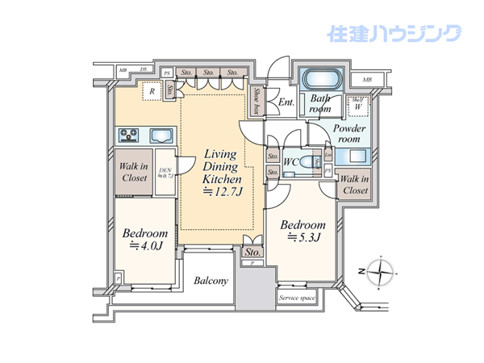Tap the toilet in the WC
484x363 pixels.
pyautogui.click(x=317, y=162)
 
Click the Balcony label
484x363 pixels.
pyautogui.click(x=211, y=281)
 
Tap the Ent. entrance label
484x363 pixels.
pyautogui.click(x=286, y=102)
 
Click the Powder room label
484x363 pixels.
pyautogui.click(x=349, y=133)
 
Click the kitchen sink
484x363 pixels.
pyautogui.click(x=159, y=135)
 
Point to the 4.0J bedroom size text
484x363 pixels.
pyautogui.click(x=144, y=246)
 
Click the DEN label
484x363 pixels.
pyautogui.click(x=166, y=173)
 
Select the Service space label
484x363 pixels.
pyautogui.click(x=298, y=298)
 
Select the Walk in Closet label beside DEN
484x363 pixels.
pyautogui.click(x=131, y=172)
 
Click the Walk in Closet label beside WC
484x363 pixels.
pyautogui.click(x=353, y=185)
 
